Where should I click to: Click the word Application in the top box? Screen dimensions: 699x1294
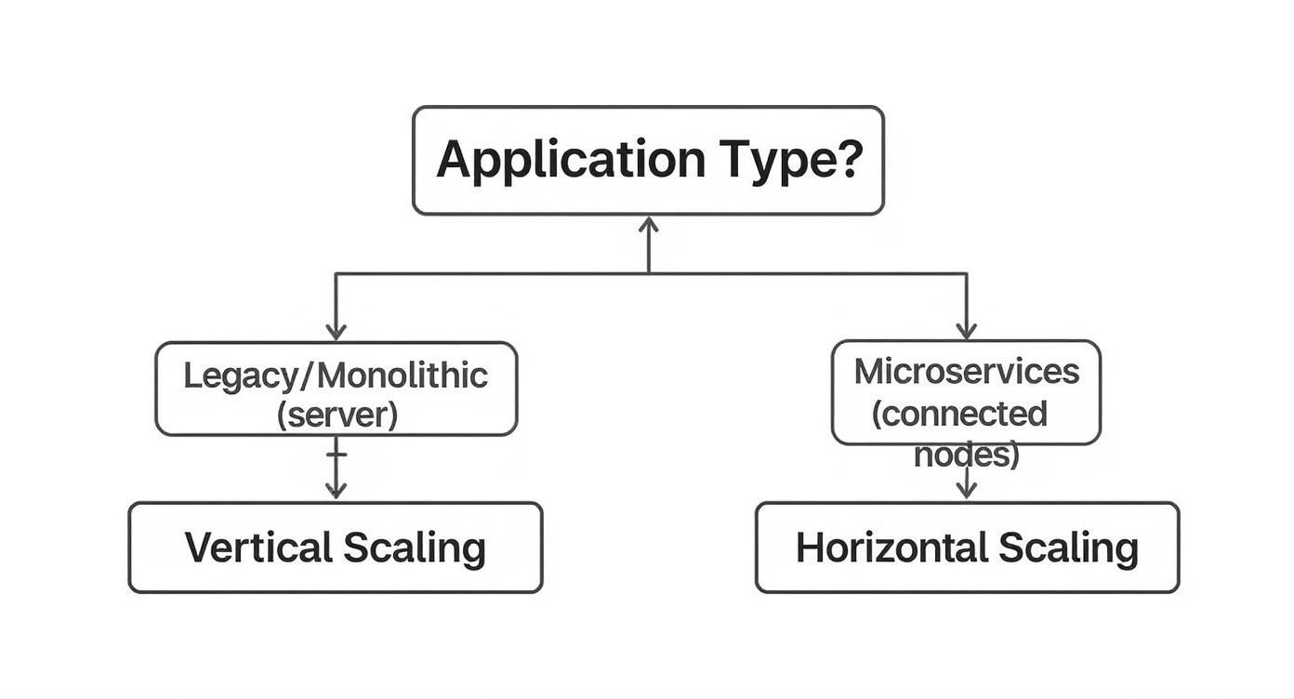[x=571, y=161]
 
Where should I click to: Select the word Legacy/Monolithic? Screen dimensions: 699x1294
[x=336, y=376]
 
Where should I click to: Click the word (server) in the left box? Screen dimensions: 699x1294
[x=337, y=415]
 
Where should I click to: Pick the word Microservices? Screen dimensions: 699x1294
[x=967, y=371]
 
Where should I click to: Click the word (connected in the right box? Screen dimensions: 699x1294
[x=959, y=413]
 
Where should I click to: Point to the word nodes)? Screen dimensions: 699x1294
[x=967, y=455]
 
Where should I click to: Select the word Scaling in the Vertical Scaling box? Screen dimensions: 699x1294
[x=414, y=547]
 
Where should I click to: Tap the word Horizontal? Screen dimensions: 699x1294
[x=891, y=547]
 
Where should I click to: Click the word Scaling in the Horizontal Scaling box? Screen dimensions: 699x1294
[x=1068, y=547]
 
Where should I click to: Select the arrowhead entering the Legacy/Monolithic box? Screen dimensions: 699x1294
[x=336, y=333]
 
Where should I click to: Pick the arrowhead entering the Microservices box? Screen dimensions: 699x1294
[x=967, y=332]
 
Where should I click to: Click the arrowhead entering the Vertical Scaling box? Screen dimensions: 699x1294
[x=336, y=492]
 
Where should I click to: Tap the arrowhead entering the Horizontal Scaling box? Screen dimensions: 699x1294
[x=967, y=491]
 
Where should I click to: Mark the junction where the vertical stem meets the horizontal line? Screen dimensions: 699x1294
[x=649, y=273]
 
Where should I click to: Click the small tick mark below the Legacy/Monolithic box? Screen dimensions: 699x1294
[x=336, y=455]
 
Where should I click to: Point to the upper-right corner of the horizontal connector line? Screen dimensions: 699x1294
[x=967, y=273]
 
